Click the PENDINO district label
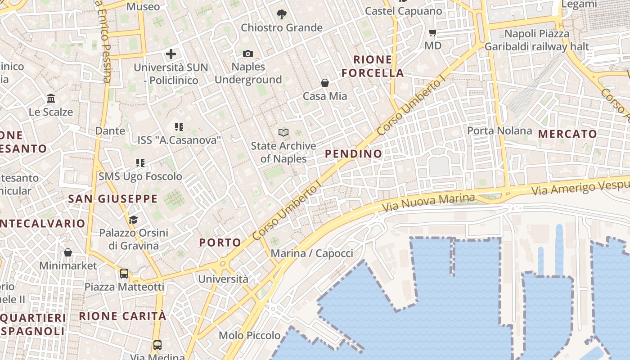(353, 154)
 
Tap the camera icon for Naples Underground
(247, 54)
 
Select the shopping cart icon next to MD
(433, 32)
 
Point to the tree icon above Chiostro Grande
(282, 14)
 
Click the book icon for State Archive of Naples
(283, 132)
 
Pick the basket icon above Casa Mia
(324, 83)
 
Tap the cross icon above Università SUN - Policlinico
(171, 54)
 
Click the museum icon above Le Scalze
(51, 99)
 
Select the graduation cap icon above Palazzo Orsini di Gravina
(133, 220)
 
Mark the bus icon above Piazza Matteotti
(124, 274)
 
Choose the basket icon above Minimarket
(68, 252)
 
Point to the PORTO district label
(220, 243)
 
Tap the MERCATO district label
(567, 134)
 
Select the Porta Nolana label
(499, 131)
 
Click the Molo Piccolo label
(249, 335)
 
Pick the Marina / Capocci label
(312, 253)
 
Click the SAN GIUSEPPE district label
(113, 199)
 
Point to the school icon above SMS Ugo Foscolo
(140, 163)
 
